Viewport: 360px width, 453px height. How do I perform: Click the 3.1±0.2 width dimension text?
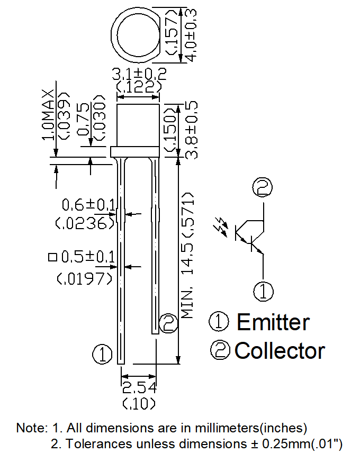pyautogui.click(x=138, y=74)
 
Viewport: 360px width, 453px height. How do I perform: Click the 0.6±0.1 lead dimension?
pyautogui.click(x=88, y=204)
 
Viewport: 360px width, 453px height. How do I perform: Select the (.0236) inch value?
pyautogui.click(x=85, y=224)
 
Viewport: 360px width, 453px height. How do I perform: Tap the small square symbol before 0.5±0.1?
pyautogui.click(x=52, y=257)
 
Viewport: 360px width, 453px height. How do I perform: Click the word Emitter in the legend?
pyautogui.click(x=273, y=322)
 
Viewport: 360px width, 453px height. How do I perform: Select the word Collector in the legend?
pyautogui.click(x=280, y=350)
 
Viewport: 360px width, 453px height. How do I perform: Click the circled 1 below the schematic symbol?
pyautogui.click(x=264, y=291)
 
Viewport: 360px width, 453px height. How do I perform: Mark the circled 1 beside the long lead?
pyautogui.click(x=102, y=354)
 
